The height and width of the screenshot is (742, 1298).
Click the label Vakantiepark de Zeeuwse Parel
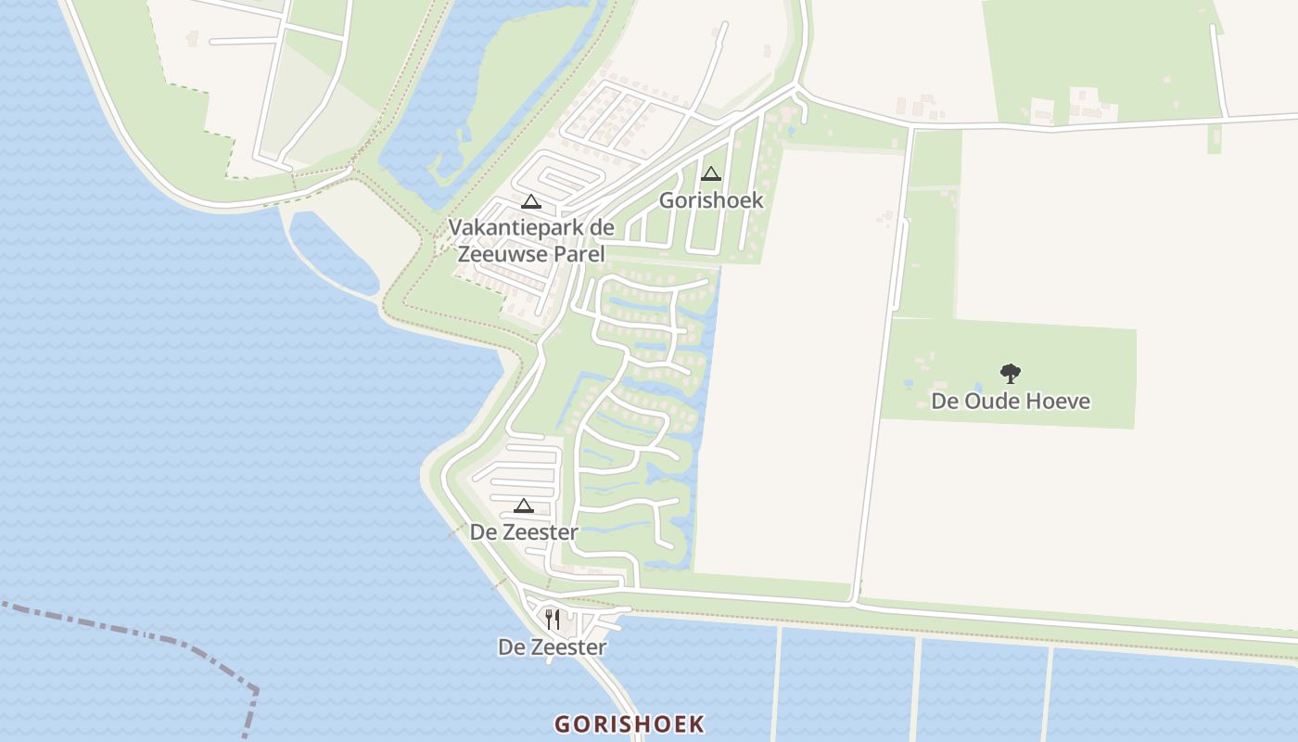pos(531,239)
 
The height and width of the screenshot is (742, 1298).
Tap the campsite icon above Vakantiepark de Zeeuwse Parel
pos(530,201)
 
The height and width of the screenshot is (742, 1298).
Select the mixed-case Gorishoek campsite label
pos(711,200)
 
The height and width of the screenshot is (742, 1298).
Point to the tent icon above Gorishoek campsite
pos(711,173)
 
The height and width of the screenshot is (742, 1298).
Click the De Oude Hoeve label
pos(1011,402)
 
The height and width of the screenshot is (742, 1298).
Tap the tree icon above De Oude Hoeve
pos(1011,374)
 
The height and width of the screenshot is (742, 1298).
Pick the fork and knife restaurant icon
pos(552,619)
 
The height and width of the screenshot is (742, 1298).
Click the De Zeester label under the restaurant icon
pos(552,647)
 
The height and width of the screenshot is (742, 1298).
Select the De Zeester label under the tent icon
pos(524,532)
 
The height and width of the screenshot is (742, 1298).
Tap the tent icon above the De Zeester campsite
pos(524,505)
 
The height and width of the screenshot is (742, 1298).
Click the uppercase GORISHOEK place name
pos(630,724)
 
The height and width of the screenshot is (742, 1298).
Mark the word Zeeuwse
pos(500,254)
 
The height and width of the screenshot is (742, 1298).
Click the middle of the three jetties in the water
pos(916,686)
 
